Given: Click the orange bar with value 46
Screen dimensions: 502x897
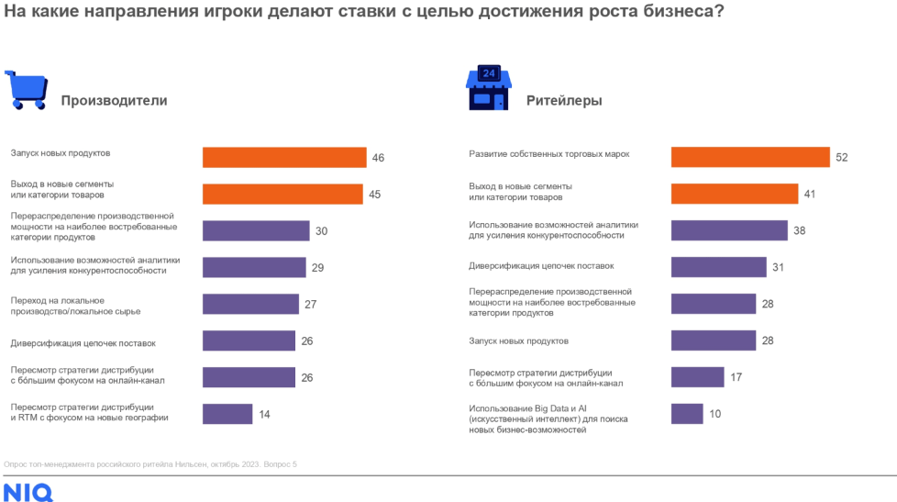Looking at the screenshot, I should click(x=284, y=158).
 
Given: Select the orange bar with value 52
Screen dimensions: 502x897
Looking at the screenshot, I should click(x=750, y=157).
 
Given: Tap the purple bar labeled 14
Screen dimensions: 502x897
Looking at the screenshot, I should click(x=227, y=414).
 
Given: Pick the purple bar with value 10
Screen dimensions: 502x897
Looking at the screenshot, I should click(x=687, y=414).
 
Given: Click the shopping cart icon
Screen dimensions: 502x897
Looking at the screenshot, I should click(x=26, y=90).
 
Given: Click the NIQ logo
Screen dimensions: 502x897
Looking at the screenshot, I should click(x=28, y=493).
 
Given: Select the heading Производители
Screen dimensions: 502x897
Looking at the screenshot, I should click(x=114, y=101).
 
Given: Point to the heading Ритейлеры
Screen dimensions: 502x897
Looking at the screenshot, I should click(x=564, y=101).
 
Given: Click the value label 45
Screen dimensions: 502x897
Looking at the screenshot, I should click(x=374, y=195).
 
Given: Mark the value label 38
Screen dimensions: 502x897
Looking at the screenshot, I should click(x=799, y=230).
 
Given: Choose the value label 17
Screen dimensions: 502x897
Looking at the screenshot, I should click(x=736, y=377).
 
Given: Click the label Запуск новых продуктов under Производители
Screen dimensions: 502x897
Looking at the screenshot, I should click(x=61, y=153).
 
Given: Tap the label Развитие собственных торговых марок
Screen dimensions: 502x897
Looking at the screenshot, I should click(x=548, y=154).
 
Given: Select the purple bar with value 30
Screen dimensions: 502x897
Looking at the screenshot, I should click(x=255, y=230).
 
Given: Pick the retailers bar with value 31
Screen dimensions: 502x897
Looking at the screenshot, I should click(x=718, y=267).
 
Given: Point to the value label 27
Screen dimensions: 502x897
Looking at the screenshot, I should click(x=310, y=305).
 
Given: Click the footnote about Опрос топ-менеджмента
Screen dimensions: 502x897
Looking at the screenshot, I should click(x=150, y=464).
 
